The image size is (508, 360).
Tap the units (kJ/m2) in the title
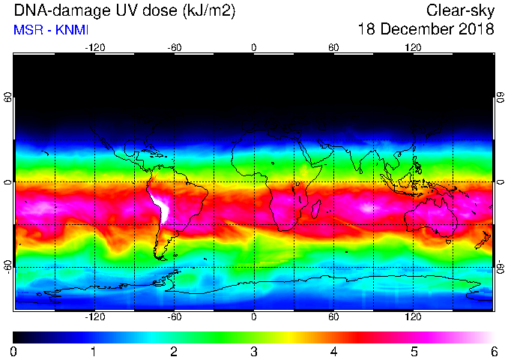pos(208,11)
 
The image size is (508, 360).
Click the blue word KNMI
pos(72,30)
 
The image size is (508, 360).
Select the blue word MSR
pos(27,30)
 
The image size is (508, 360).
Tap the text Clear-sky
pos(460,11)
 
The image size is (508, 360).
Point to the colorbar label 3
pos(254,351)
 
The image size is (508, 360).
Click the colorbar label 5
pos(414,351)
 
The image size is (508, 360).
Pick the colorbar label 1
pos(94,351)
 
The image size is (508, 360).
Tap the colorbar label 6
pos(494,351)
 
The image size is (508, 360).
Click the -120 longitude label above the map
pos(95,48)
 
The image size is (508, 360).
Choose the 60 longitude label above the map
pos(333,48)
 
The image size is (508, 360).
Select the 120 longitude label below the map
pos(413,316)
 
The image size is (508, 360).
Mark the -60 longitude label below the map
pos(175,316)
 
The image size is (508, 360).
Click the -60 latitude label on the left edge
pos(8,266)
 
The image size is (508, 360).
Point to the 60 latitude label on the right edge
pos(501,97)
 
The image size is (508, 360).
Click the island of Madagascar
pos(316,209)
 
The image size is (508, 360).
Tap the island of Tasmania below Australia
pos(448,241)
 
